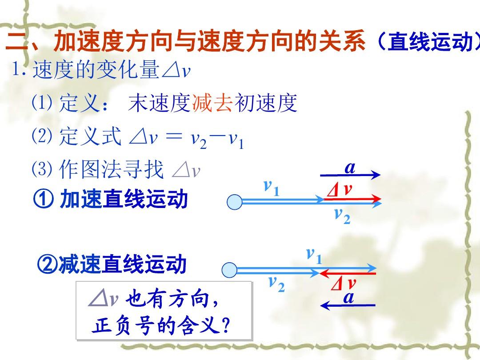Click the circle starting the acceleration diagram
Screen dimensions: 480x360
pos(235,202)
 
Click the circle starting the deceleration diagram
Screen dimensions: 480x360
pos(230,270)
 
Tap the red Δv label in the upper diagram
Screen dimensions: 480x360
pos(339,190)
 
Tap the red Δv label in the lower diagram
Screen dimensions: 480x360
pos(343,284)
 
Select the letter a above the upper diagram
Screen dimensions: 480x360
pos(350,168)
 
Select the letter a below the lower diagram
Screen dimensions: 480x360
pos(349,297)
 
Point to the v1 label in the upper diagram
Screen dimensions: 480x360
pos(272,188)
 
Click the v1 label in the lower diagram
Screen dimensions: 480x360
pos(314,256)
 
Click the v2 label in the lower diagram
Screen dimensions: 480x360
pos(277,284)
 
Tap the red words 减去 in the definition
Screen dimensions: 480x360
pos(212,103)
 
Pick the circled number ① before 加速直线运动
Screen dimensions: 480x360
pos(43,199)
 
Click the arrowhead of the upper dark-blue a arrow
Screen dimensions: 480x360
pos(375,175)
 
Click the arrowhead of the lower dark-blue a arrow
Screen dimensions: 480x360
pos(325,305)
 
